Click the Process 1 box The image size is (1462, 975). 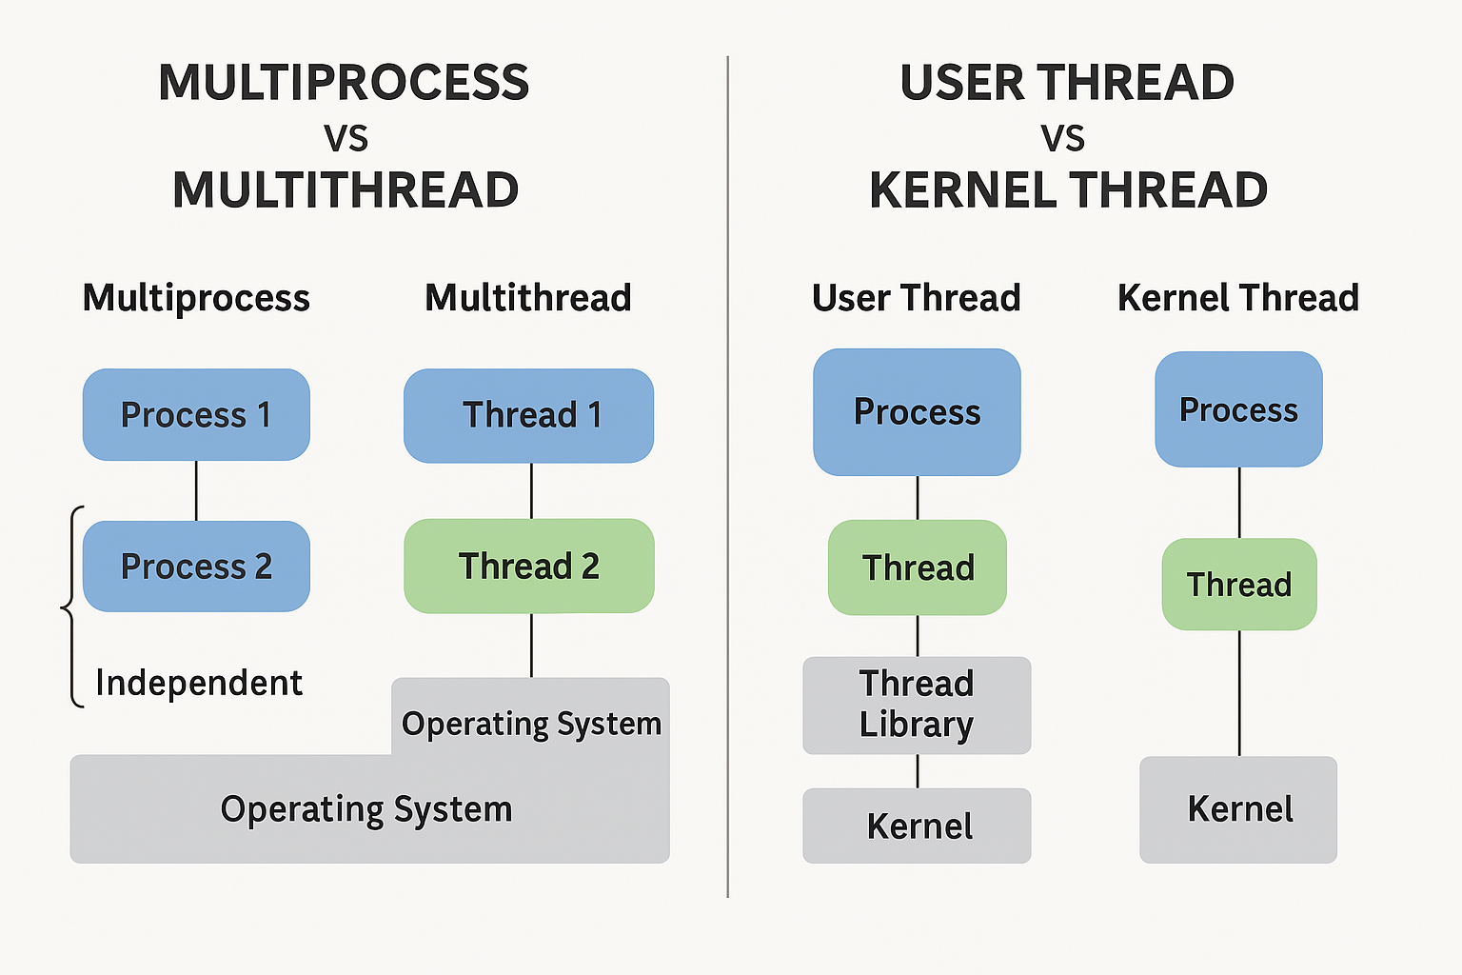[x=196, y=415]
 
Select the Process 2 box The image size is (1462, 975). [x=196, y=567]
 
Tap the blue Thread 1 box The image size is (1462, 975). [x=528, y=416]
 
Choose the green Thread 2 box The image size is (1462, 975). [x=528, y=566]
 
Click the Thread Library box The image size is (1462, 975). [x=917, y=706]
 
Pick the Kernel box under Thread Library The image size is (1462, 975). [x=917, y=826]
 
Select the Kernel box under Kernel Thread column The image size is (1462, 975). [x=1238, y=809]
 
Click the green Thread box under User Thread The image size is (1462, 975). [x=917, y=567]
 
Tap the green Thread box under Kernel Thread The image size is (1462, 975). [x=1238, y=585]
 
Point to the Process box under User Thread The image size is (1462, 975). [x=917, y=412]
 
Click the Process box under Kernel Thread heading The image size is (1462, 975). [x=1238, y=409]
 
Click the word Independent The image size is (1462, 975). [x=199, y=683]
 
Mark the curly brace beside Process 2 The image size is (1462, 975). [x=70, y=607]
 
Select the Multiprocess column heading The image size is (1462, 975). [x=196, y=298]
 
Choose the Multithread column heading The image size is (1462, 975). [x=528, y=298]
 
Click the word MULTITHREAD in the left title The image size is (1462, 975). [x=346, y=189]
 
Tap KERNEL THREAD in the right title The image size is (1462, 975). [x=1069, y=189]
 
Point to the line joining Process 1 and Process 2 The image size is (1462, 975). [x=196, y=491]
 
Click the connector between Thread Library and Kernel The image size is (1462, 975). [x=918, y=771]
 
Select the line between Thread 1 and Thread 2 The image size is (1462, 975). [x=531, y=491]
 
